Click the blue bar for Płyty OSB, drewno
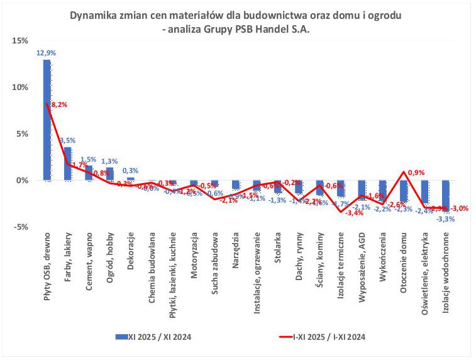tap(47, 120)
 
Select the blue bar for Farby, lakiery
tap(67, 164)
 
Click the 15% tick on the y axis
tap(19, 41)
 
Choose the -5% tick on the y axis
tap(21, 227)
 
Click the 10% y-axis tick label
tap(19, 87)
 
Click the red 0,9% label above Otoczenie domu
tap(416, 172)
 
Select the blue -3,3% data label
tap(446, 219)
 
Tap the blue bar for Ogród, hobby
tap(109, 174)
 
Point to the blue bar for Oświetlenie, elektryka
tap(425, 191)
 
